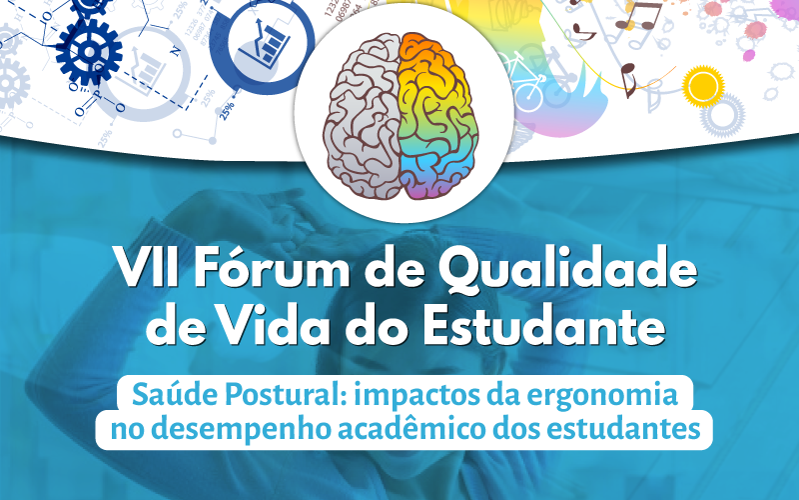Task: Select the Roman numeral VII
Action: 147,267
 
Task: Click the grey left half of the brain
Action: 363,116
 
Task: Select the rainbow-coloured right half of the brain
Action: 437,116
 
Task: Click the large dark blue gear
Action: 89,52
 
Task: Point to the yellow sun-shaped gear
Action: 703,86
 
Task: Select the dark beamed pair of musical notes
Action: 639,16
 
